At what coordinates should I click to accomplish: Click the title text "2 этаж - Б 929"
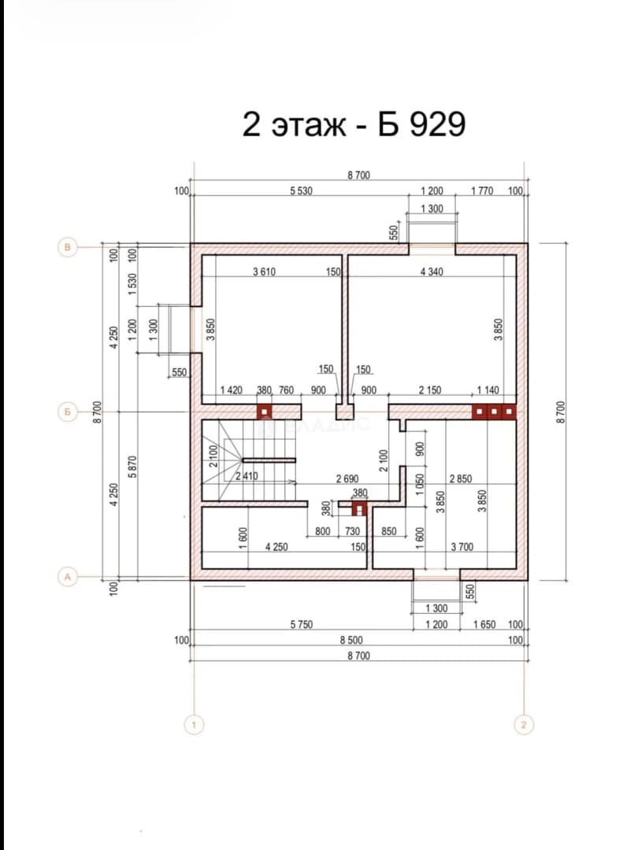coord(354,125)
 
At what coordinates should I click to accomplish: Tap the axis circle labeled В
coord(67,248)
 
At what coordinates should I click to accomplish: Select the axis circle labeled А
coord(67,577)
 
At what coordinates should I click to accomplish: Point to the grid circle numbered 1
coord(194,724)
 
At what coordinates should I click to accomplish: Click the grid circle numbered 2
coord(524,724)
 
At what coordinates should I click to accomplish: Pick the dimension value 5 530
coord(301,190)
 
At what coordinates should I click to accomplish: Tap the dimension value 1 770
coord(482,190)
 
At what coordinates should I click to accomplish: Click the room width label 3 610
coord(265,272)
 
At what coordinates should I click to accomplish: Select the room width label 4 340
coord(432,272)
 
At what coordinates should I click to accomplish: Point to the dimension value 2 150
coord(430,390)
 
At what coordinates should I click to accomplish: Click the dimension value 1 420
coord(232,390)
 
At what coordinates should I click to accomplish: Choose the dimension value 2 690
coord(347,479)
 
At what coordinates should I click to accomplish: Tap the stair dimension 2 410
coord(247,476)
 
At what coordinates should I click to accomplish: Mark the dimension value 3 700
coord(462,547)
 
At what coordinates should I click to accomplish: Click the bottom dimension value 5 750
coord(301,624)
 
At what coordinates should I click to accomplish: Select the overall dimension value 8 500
coord(351,640)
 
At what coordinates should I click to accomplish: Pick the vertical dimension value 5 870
coord(133,467)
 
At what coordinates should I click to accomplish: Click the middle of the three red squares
coord(494,412)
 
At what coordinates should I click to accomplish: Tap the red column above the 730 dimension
coord(359,509)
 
